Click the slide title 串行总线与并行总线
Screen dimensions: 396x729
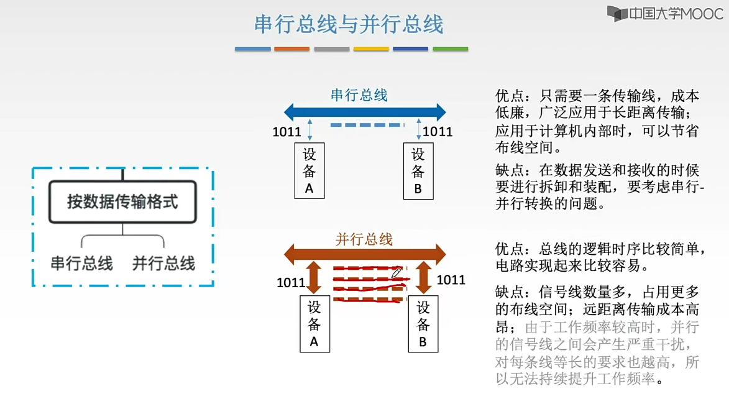349,24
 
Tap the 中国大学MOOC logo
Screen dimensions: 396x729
665,13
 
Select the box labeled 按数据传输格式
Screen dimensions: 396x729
122,202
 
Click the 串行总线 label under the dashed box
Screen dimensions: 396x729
82,263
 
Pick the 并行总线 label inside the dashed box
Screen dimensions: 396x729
163,263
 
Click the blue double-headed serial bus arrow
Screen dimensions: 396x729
365,113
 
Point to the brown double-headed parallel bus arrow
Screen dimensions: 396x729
365,253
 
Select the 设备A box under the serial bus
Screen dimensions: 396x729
309,171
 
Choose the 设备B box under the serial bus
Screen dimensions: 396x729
418,171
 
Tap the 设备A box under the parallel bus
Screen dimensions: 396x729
314,324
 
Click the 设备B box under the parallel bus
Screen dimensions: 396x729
423,324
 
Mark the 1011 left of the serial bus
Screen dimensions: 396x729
287,132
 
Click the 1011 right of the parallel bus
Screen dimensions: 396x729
451,280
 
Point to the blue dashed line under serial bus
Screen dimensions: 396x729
367,126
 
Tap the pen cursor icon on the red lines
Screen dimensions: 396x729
396,273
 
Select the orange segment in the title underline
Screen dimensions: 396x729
291,48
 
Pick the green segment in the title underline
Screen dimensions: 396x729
450,48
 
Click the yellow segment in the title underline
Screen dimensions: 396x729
371,48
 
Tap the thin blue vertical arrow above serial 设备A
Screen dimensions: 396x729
309,130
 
